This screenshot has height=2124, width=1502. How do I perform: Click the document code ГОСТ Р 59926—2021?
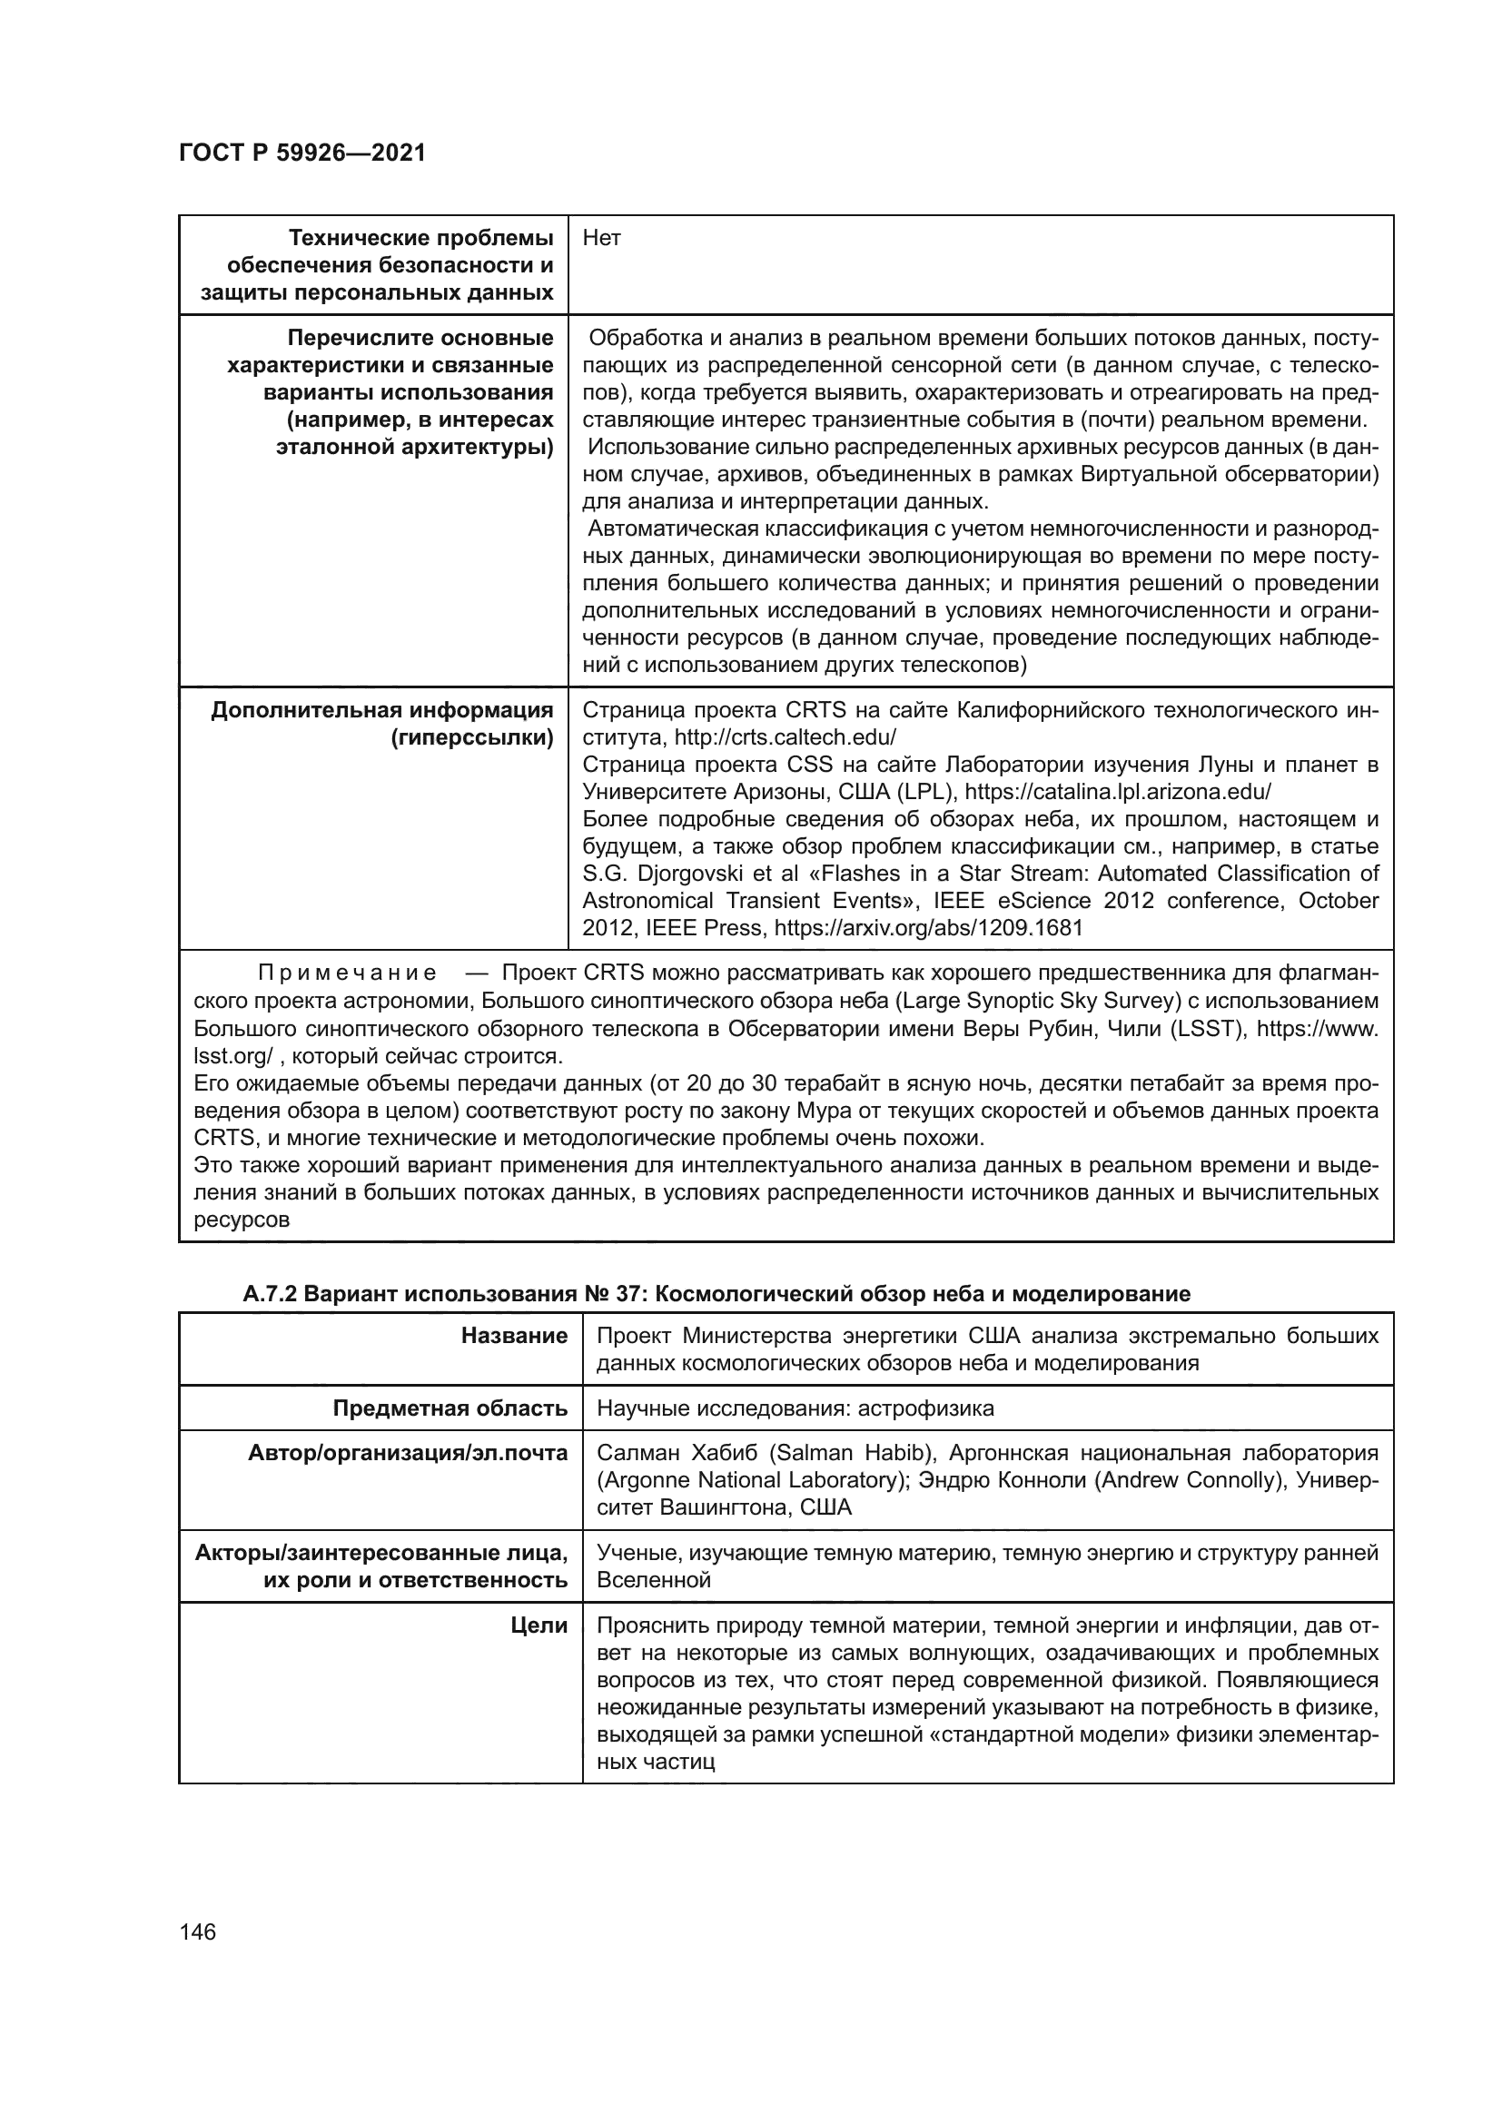click(302, 153)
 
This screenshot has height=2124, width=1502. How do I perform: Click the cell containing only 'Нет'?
click(602, 239)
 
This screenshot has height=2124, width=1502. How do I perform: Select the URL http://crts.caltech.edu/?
click(786, 738)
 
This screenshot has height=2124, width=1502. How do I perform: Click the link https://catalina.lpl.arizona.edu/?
click(1118, 792)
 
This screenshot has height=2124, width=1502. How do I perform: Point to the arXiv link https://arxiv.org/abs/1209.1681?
click(929, 928)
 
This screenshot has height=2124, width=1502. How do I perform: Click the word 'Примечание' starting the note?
click(347, 974)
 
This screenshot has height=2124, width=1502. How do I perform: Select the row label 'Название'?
click(514, 1336)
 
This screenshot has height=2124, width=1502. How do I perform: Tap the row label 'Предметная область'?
click(450, 1409)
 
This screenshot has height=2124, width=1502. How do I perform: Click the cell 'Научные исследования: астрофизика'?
click(795, 1409)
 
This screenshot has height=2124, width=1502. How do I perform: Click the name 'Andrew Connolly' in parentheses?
click(1189, 1480)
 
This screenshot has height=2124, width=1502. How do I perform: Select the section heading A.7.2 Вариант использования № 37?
click(716, 1294)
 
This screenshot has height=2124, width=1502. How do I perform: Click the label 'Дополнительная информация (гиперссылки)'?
click(382, 725)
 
